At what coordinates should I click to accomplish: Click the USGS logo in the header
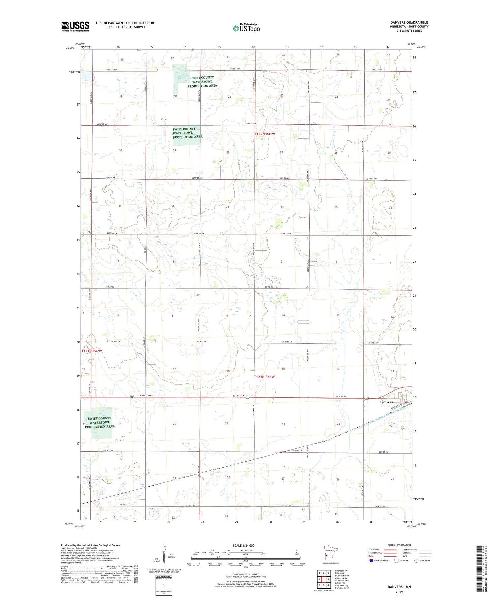point(75,26)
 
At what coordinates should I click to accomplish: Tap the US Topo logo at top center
point(246,28)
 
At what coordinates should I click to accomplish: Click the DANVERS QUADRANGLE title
point(409,23)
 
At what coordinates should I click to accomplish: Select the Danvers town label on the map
point(386,402)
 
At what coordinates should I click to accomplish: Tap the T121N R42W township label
point(91,351)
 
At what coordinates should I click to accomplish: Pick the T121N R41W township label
point(264,377)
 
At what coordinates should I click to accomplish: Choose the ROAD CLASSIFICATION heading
point(399,545)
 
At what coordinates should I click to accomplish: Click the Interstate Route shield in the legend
point(371,561)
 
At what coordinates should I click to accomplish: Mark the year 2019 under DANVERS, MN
point(399,591)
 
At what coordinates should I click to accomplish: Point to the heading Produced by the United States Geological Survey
point(90,545)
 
